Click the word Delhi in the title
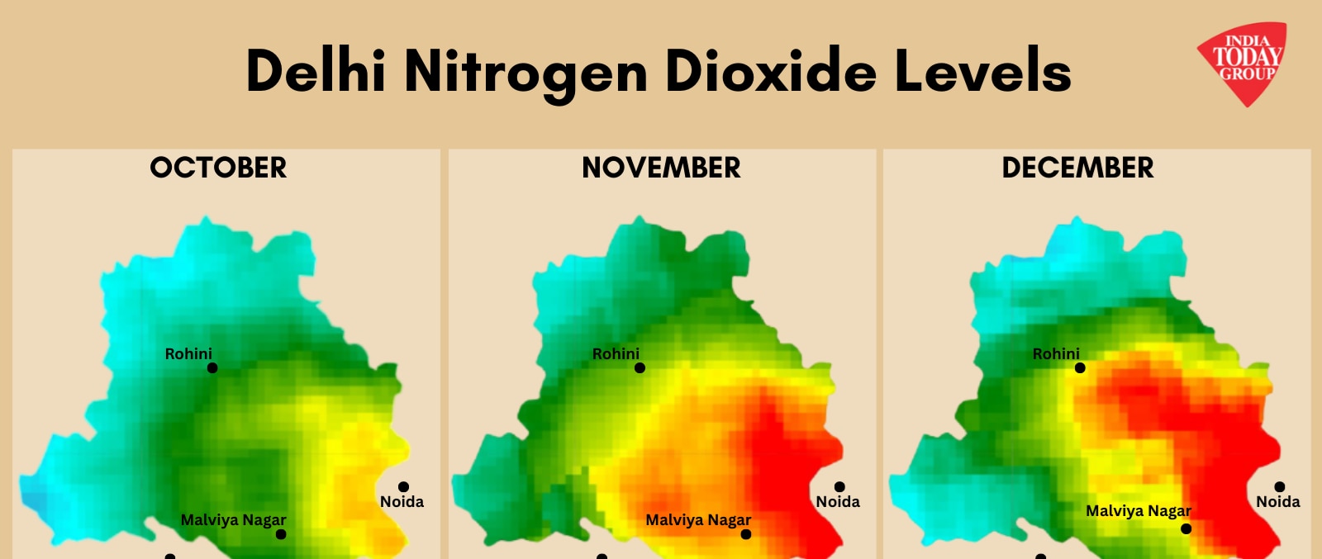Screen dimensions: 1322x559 pos(316,71)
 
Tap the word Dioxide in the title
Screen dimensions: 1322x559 pos(770,71)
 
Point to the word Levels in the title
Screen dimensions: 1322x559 pos(983,71)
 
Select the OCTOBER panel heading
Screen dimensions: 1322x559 pos(218,168)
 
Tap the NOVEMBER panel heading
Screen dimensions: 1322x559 pos(661,168)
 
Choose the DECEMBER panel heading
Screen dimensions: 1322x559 pos(1077,168)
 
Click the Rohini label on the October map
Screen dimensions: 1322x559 pos(188,353)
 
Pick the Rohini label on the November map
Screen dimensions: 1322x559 pos(616,353)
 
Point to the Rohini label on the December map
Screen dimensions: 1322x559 pos(1056,353)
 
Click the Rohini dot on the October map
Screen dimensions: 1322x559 pos(212,368)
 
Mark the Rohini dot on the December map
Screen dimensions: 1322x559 pos(1080,368)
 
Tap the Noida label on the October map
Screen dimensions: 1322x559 pos(402,501)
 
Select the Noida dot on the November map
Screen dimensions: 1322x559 pos(839,487)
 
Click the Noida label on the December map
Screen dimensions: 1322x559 pos(1277,501)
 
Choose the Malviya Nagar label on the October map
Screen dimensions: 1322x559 pos(233,520)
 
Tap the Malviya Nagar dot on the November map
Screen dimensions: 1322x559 pos(746,534)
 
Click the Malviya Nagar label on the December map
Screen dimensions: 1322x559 pos(1138,511)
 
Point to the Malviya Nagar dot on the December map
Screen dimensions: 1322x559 pos(1186,528)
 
